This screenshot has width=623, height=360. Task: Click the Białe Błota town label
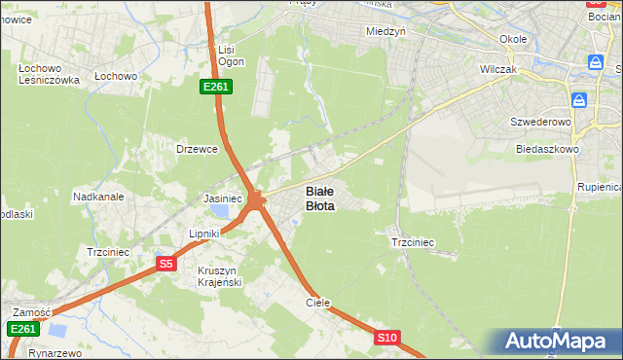pos(320,198)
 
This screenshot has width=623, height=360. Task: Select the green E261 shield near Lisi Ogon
pos(216,87)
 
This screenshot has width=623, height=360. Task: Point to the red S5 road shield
pos(165,264)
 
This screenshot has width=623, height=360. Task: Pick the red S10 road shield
pos(387,338)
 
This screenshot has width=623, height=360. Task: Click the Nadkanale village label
pos(98,196)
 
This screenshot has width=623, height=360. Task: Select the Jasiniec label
pos(222,198)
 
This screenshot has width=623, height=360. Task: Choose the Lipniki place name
pos(206,234)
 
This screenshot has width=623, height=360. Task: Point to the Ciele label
pos(318,303)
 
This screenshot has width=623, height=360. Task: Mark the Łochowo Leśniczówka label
pos(49,74)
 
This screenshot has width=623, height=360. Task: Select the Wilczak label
pos(503,70)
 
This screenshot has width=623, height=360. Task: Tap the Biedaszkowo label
pos(548,150)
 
